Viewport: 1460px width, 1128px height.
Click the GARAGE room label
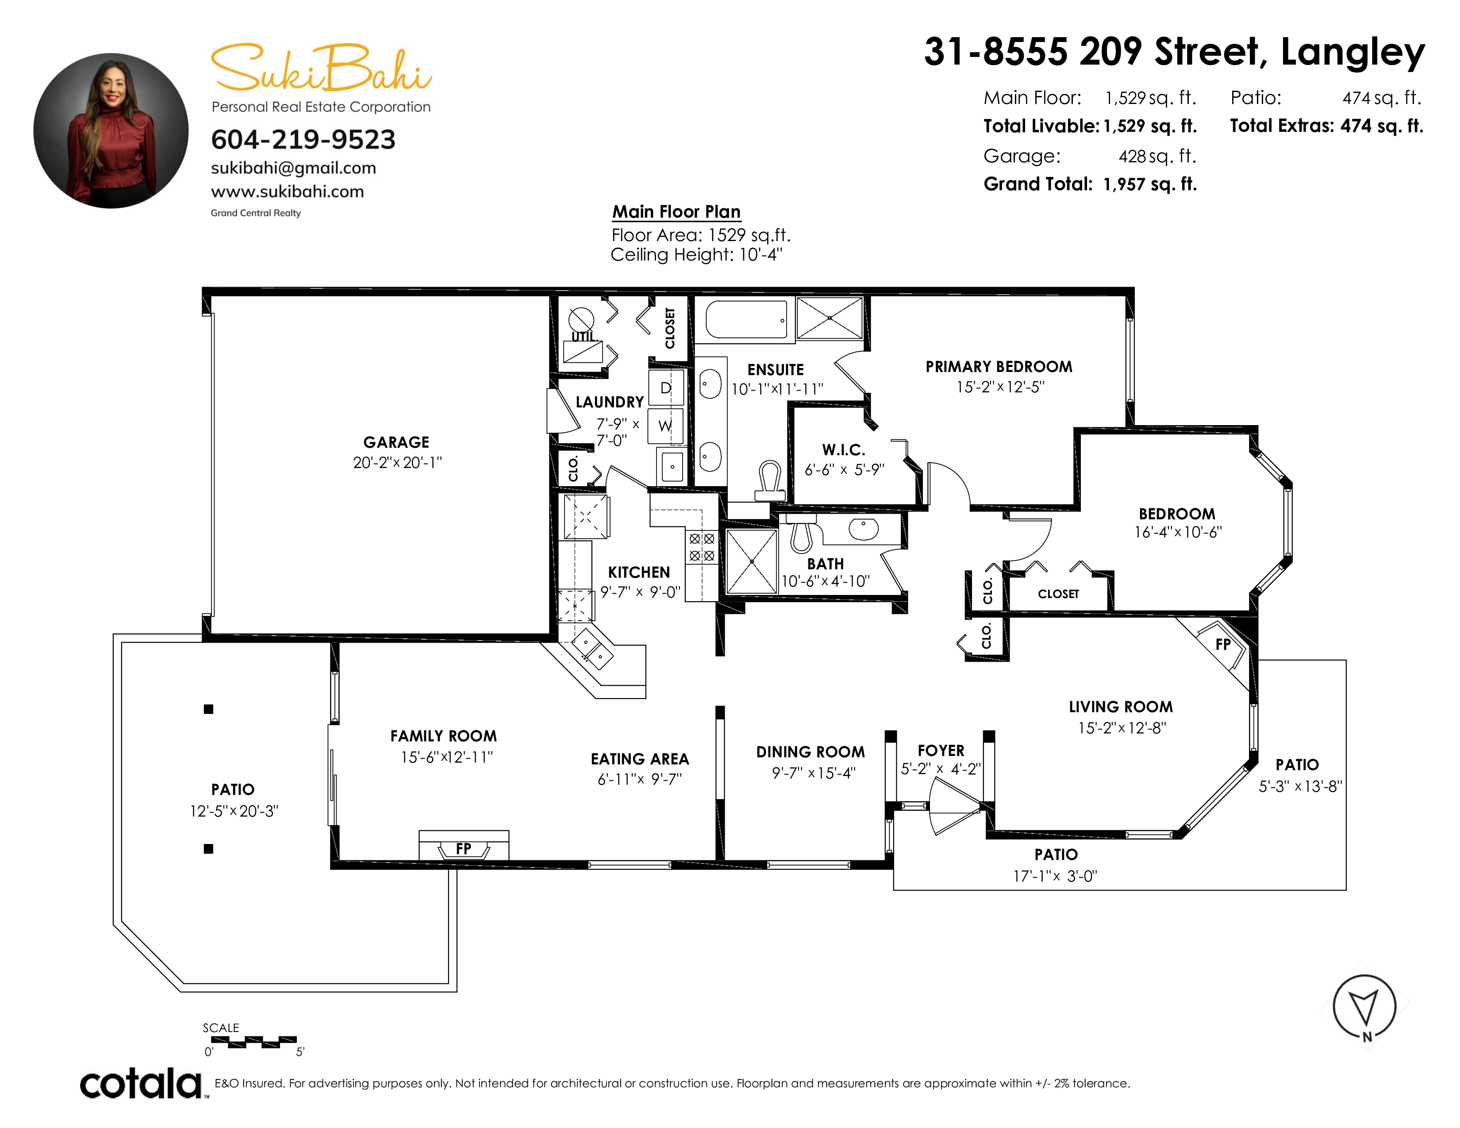(x=396, y=442)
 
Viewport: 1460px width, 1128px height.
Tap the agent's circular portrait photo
(x=111, y=131)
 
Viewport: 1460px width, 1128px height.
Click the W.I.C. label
(x=844, y=450)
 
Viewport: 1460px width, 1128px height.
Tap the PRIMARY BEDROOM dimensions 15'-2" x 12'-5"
(x=1000, y=388)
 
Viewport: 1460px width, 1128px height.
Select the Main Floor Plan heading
(x=676, y=212)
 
